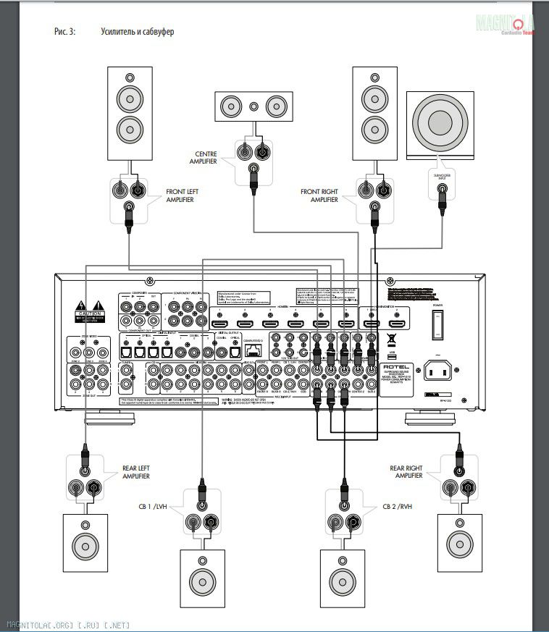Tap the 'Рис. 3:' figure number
coord(65,33)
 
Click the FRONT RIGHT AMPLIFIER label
coord(320,195)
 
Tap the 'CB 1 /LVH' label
coord(156,506)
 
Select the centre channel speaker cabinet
coord(253,106)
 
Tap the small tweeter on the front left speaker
coord(130,77)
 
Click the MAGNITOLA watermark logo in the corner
coord(505,25)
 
